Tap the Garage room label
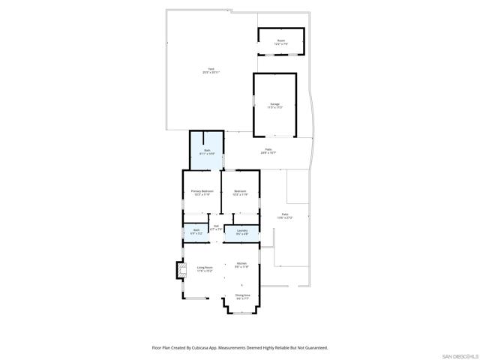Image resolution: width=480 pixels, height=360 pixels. (x=275, y=103)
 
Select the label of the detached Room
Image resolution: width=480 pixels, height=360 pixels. (x=281, y=41)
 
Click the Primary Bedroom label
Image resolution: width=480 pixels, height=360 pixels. (x=202, y=191)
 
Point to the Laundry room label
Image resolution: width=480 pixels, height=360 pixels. (x=242, y=230)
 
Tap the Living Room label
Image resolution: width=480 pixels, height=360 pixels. (x=205, y=268)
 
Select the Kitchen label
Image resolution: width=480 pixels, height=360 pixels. (x=242, y=264)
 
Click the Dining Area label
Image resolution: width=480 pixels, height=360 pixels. (x=242, y=296)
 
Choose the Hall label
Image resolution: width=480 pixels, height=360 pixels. (x=215, y=226)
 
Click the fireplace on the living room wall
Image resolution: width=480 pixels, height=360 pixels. (x=180, y=270)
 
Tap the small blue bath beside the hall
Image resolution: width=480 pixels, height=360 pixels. (x=196, y=231)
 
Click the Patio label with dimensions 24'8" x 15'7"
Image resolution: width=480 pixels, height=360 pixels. (x=268, y=150)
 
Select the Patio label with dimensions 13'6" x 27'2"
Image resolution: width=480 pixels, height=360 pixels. (x=285, y=215)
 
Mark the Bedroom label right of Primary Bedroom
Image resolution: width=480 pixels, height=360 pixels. (x=240, y=191)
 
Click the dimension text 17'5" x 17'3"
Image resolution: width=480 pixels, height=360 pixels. (x=275, y=107)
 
